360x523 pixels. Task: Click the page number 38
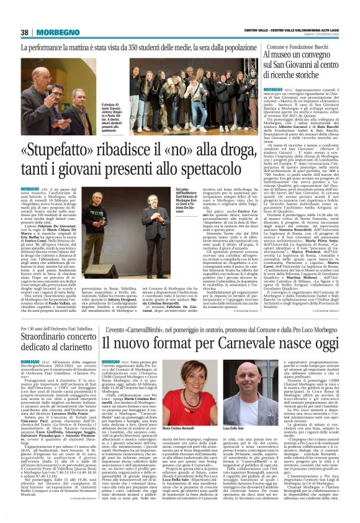(25, 32)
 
